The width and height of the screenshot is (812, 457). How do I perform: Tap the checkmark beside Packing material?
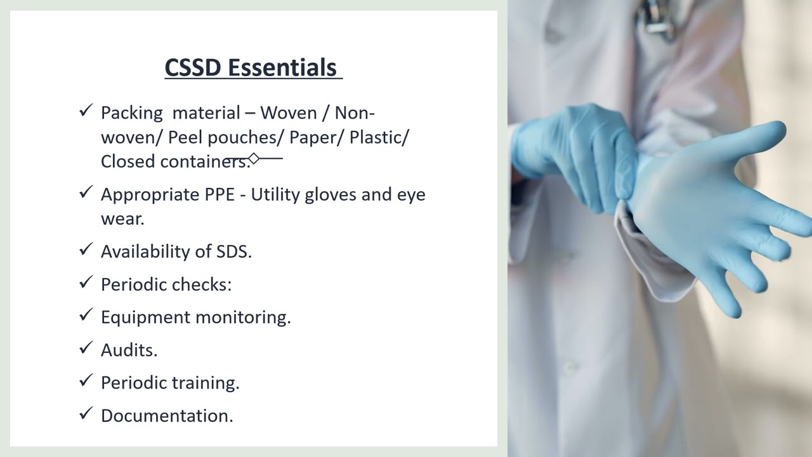tap(86, 111)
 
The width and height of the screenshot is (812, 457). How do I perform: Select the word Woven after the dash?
tap(288, 113)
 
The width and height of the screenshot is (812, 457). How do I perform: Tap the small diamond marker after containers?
tap(254, 158)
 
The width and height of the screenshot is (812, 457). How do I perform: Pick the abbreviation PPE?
tap(219, 195)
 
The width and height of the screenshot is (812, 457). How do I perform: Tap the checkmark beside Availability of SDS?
tap(86, 249)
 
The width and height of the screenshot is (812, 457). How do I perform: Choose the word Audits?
tap(129, 350)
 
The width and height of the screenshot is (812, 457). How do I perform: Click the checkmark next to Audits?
tap(86, 348)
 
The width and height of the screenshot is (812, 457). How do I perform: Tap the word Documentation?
tap(167, 416)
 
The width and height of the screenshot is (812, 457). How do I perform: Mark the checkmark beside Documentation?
tap(86, 414)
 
